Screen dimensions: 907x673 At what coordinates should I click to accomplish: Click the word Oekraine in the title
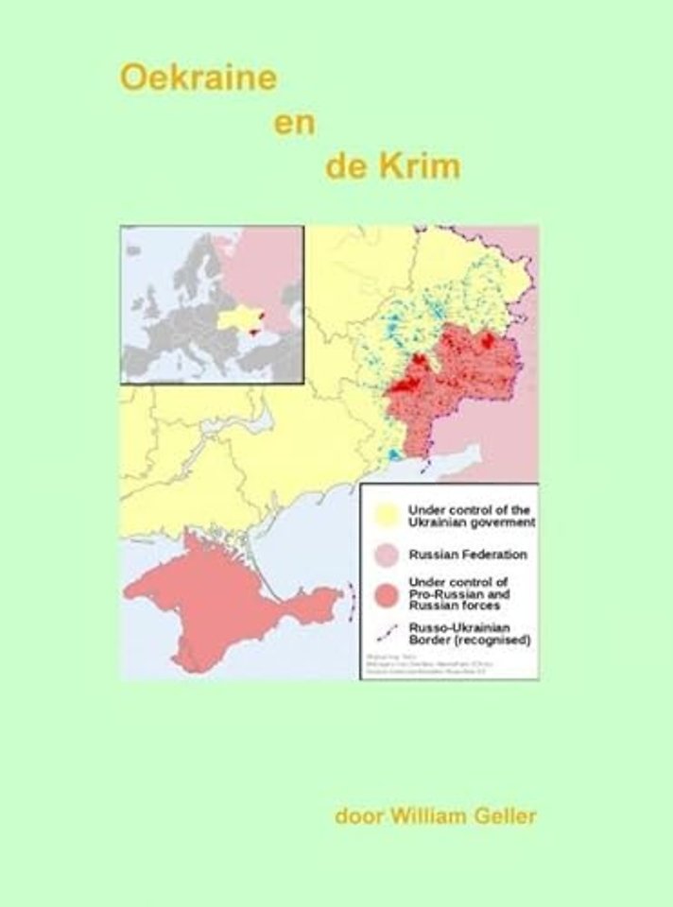coord(198,77)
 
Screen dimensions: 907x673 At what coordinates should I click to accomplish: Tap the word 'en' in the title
coord(294,123)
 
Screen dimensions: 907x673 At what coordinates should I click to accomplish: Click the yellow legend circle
coord(386,515)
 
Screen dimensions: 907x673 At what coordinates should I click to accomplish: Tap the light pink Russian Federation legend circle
coord(386,555)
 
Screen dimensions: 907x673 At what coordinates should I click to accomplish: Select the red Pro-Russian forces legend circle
coord(386,593)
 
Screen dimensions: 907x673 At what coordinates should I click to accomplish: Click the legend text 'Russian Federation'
coord(467,555)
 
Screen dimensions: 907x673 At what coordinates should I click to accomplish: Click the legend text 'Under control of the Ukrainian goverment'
coord(471,515)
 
